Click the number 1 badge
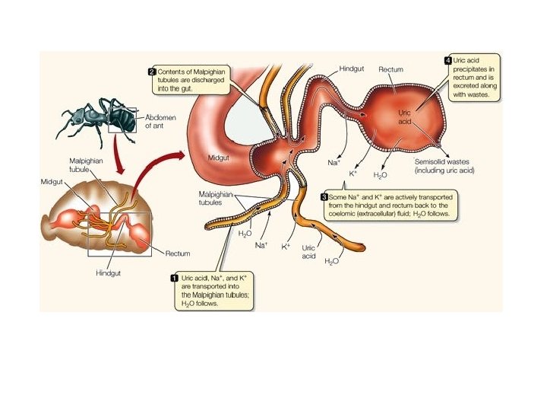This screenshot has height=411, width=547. point(175,279)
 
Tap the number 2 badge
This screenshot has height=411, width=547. point(153,71)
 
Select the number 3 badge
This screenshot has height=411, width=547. point(324,197)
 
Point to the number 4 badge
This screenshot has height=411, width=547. point(448,59)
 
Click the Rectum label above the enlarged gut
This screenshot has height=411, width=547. point(391,69)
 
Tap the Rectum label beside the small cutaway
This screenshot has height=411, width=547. point(177,253)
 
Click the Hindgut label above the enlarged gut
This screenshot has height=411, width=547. point(352,68)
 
